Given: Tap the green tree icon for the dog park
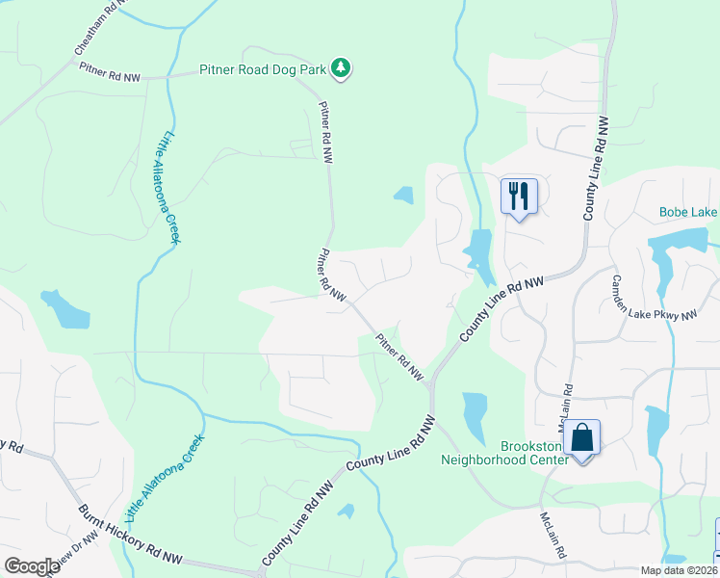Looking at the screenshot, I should (340, 67).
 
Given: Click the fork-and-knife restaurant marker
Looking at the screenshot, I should (518, 196).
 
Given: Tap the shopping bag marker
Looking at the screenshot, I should (581, 438).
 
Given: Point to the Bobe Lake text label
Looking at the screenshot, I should (687, 212).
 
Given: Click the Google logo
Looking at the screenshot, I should (31, 565).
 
